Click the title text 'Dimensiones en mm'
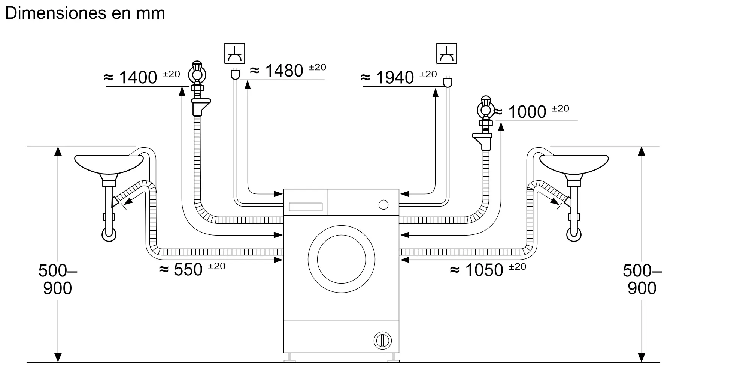click(x=85, y=13)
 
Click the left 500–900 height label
click(x=57, y=279)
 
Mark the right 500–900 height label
click(x=642, y=279)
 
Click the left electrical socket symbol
click(x=235, y=53)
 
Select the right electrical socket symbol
click(x=447, y=53)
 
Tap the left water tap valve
click(x=197, y=73)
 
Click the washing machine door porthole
click(x=341, y=259)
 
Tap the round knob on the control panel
click(x=383, y=205)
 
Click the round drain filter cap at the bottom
click(x=382, y=340)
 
